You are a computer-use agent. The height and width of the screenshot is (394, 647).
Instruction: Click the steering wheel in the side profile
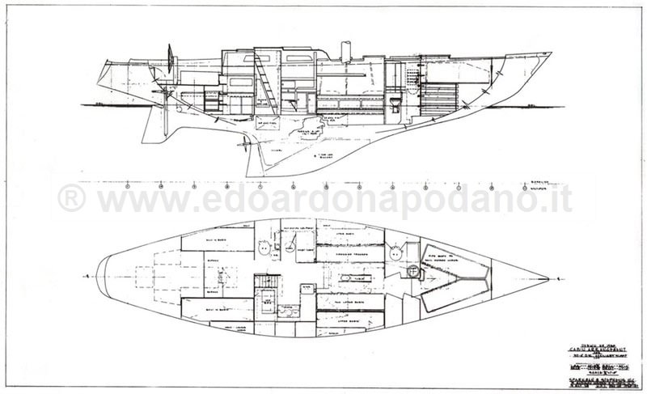click(171, 57)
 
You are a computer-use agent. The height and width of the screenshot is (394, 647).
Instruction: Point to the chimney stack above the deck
click(346, 50)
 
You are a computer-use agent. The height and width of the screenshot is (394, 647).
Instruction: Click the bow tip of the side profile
click(551, 54)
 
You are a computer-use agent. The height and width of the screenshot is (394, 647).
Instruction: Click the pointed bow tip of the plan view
click(550, 277)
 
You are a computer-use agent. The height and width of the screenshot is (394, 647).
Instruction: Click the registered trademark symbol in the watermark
click(70, 197)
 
